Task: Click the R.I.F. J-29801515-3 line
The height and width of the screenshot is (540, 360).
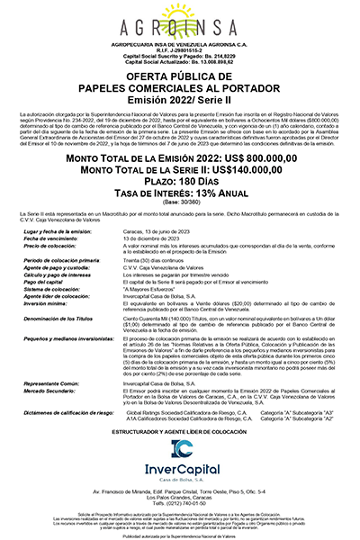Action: coord(180,51)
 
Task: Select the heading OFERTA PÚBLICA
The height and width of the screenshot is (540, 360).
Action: coord(180,78)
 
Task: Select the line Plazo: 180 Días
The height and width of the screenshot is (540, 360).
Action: coord(180,179)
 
